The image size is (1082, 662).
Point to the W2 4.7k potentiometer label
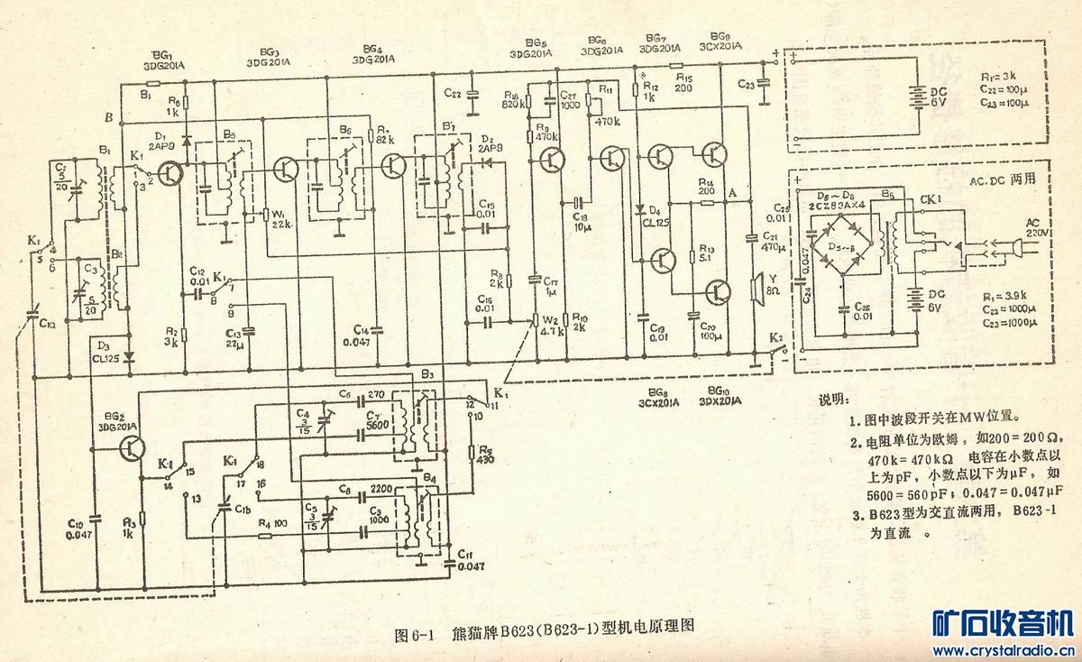pos(549,324)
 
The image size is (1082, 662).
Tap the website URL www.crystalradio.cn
pos(1002,648)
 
